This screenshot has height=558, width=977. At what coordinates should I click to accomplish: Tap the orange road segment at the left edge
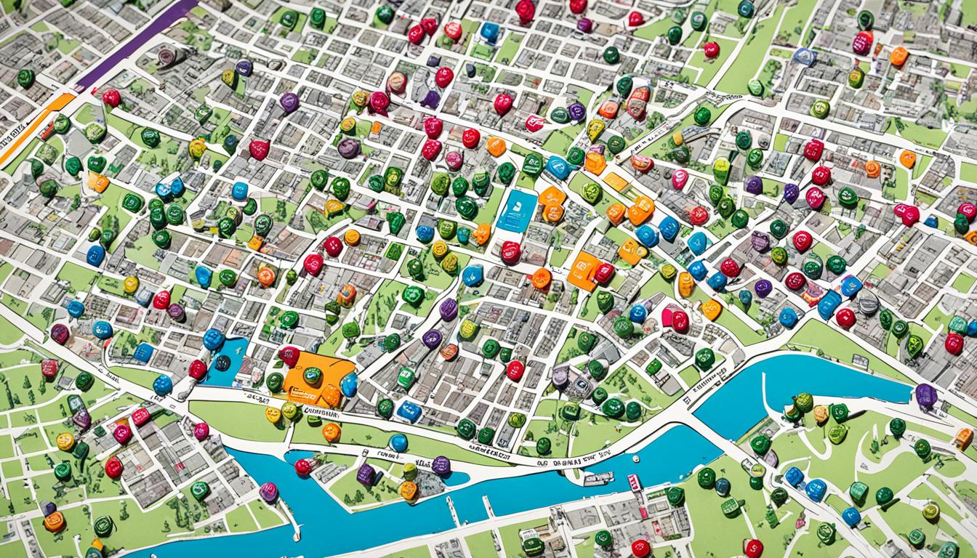pyautogui.click(x=29, y=131)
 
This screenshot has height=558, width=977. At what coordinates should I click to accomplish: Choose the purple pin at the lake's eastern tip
pyautogui.click(x=925, y=395)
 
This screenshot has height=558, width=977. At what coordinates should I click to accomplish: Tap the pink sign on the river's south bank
pyautogui.click(x=635, y=481)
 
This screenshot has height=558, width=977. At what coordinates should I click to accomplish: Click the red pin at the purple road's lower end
pyautogui.click(x=111, y=97)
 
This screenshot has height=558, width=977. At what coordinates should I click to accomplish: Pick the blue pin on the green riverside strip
pyautogui.click(x=398, y=442)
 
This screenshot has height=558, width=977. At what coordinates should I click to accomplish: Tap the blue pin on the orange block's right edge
pyautogui.click(x=350, y=384)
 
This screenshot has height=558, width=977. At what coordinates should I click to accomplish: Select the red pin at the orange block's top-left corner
pyautogui.click(x=289, y=355)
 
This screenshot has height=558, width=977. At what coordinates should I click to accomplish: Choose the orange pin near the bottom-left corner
pyautogui.click(x=54, y=521)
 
